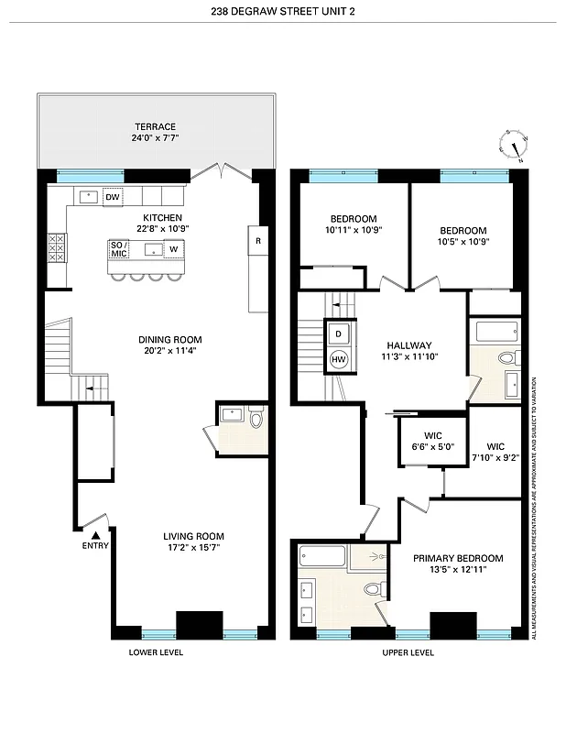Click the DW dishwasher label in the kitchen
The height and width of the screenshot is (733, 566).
click(113, 197)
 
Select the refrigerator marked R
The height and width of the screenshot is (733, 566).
click(258, 242)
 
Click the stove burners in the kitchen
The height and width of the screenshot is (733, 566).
click(57, 246)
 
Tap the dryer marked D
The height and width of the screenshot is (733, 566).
click(338, 334)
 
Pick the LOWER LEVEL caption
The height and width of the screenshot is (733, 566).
click(156, 652)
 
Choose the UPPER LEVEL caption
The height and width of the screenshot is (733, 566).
click(408, 652)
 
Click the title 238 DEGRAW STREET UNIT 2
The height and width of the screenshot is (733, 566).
click(283, 12)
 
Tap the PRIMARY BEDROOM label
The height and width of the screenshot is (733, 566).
click(457, 558)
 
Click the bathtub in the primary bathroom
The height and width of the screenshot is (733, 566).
click(321, 556)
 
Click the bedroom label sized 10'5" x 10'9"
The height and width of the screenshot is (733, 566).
click(463, 236)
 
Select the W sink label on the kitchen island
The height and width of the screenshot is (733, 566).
click(172, 249)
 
